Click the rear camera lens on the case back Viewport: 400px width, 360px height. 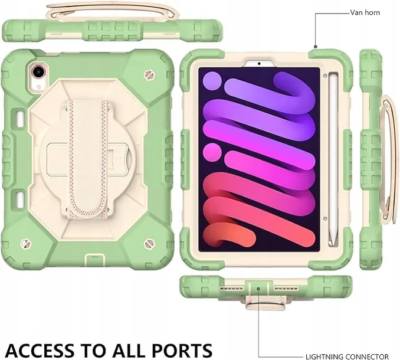point(38,71)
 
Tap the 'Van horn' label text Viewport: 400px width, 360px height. point(365,12)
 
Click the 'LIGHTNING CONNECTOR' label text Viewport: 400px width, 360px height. point(347,356)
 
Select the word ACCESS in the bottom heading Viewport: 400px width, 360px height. point(41,350)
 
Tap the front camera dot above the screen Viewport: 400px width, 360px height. point(259,63)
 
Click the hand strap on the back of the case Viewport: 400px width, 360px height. point(87,156)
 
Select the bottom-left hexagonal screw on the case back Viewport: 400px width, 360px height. point(25,243)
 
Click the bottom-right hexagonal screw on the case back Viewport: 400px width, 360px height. point(149,244)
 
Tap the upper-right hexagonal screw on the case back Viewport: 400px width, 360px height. point(149,75)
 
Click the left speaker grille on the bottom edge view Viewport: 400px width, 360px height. point(231,289)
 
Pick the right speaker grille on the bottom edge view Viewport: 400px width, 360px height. point(286,289)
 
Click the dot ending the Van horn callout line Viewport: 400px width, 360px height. point(316,47)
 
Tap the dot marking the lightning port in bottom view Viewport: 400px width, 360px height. point(258,289)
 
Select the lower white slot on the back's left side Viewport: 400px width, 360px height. point(20,201)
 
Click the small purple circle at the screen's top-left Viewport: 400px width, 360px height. point(212,81)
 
